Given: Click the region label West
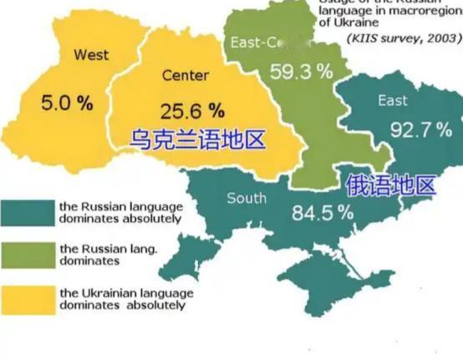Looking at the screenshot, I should [91, 55].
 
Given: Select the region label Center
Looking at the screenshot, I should [186, 76].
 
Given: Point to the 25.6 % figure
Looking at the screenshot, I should [192, 110].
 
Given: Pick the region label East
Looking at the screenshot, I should [393, 101].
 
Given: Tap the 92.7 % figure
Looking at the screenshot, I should [421, 129].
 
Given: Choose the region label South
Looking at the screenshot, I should [247, 198].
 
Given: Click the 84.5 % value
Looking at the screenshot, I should [323, 212].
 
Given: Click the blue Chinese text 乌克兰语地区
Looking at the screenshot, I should [197, 138].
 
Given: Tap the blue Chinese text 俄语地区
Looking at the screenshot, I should [390, 185].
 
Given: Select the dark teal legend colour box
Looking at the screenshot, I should [26, 212].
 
